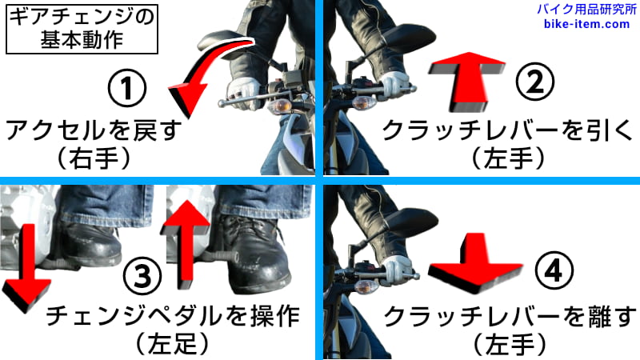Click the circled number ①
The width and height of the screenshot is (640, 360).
click(x=127, y=88)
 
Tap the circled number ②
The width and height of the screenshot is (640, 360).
click(x=535, y=82)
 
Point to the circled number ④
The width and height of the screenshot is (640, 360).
click(x=554, y=270)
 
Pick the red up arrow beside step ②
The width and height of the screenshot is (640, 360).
click(x=466, y=81)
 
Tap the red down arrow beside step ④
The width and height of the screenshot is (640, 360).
click(x=475, y=263)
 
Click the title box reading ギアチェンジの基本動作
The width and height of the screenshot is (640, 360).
click(x=82, y=29)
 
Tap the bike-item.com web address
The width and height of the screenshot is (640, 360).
click(x=586, y=24)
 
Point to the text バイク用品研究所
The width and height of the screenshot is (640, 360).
click(x=586, y=10)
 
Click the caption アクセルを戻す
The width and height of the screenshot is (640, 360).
click(x=94, y=130)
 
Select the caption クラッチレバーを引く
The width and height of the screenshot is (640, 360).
click(x=507, y=130)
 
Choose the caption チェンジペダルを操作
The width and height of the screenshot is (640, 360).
click(x=173, y=315)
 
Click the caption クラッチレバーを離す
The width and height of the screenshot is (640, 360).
click(x=510, y=317)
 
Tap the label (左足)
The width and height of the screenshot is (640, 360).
click(x=172, y=343)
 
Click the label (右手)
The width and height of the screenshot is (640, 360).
click(x=94, y=158)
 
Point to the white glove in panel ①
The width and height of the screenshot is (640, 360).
click(x=243, y=92)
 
